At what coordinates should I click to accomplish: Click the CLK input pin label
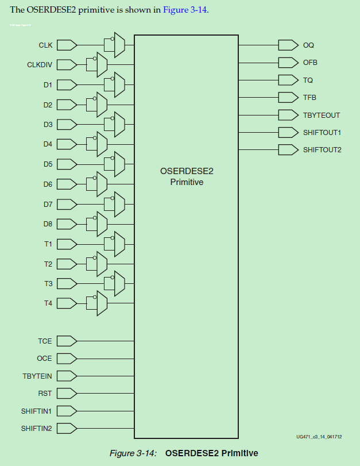click(45, 45)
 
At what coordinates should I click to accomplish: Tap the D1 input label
click(48, 85)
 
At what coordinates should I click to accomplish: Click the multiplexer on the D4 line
click(102, 144)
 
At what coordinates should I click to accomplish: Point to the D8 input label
click(48, 224)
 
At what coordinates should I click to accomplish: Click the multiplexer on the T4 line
click(102, 303)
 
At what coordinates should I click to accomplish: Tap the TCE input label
click(45, 341)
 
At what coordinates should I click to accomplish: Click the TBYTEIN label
click(37, 376)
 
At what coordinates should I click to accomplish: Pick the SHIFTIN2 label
click(36, 428)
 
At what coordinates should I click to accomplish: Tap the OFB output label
click(310, 62)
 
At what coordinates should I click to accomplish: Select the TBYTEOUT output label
click(322, 115)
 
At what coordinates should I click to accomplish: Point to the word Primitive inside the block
click(187, 182)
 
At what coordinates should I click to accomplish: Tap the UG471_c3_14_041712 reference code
click(319, 437)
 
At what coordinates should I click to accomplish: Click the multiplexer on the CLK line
click(119, 45)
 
